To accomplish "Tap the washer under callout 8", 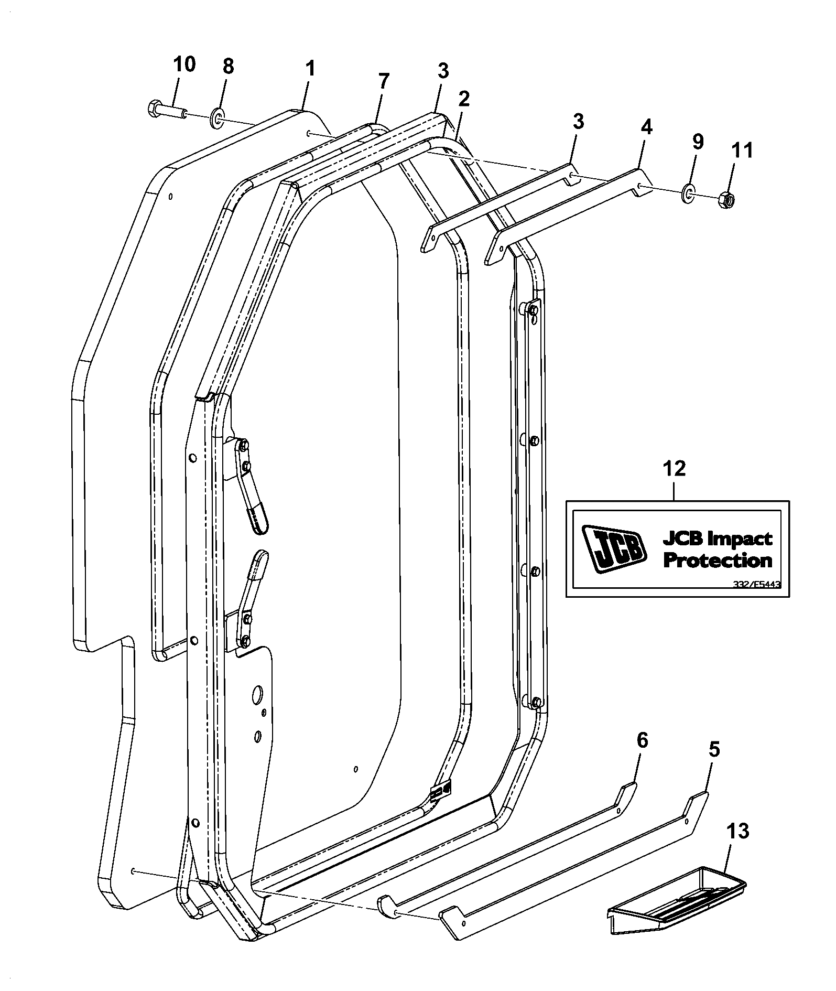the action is tap(217, 119).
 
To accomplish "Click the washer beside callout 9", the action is tap(689, 192).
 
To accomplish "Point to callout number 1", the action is tap(310, 68).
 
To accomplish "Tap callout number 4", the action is tap(646, 127).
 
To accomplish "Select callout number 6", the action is tap(642, 740).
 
